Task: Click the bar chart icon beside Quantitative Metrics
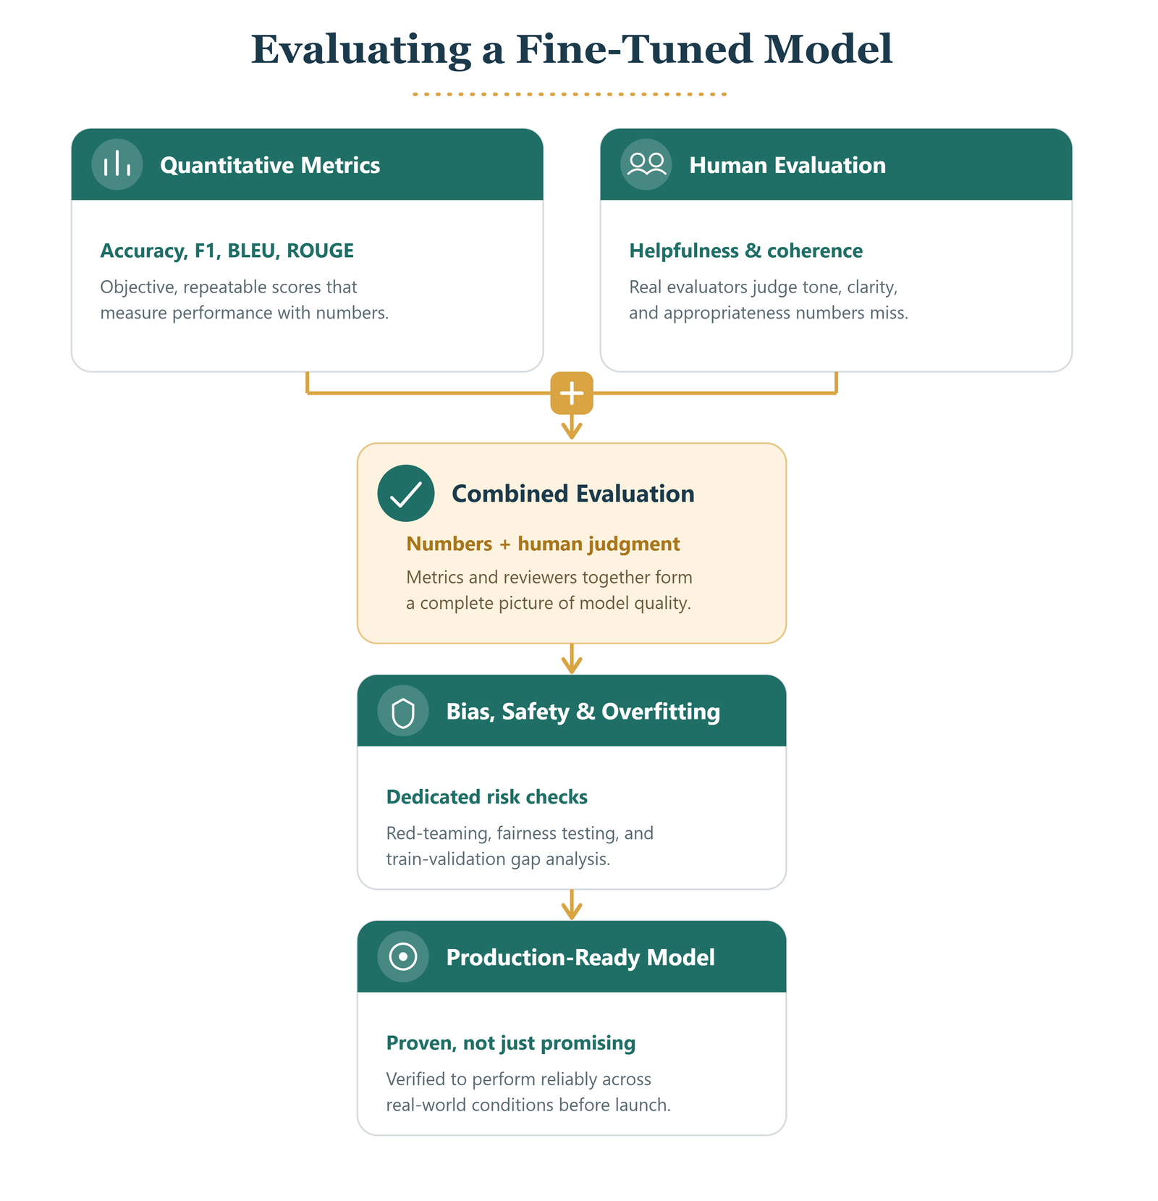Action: pos(117,164)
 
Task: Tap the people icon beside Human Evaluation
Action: pos(646,164)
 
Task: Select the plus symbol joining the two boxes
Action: pos(572,393)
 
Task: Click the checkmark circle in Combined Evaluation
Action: pos(406,493)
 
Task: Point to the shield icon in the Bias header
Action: pos(403,711)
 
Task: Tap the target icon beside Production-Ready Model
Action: pos(403,956)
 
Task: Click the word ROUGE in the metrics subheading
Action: pos(320,250)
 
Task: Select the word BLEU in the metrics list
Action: pos(253,250)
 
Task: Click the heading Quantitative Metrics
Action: pos(270,165)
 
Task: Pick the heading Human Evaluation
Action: pos(787,165)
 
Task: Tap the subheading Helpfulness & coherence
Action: pos(746,250)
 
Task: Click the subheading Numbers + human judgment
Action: pos(543,544)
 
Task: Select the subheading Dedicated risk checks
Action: pos(487,797)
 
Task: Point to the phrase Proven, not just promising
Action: pos(511,1043)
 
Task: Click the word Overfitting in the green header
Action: pos(661,712)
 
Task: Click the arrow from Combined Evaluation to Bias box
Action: pos(572,659)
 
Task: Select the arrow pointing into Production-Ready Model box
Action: pos(572,905)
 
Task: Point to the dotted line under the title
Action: pos(570,94)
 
